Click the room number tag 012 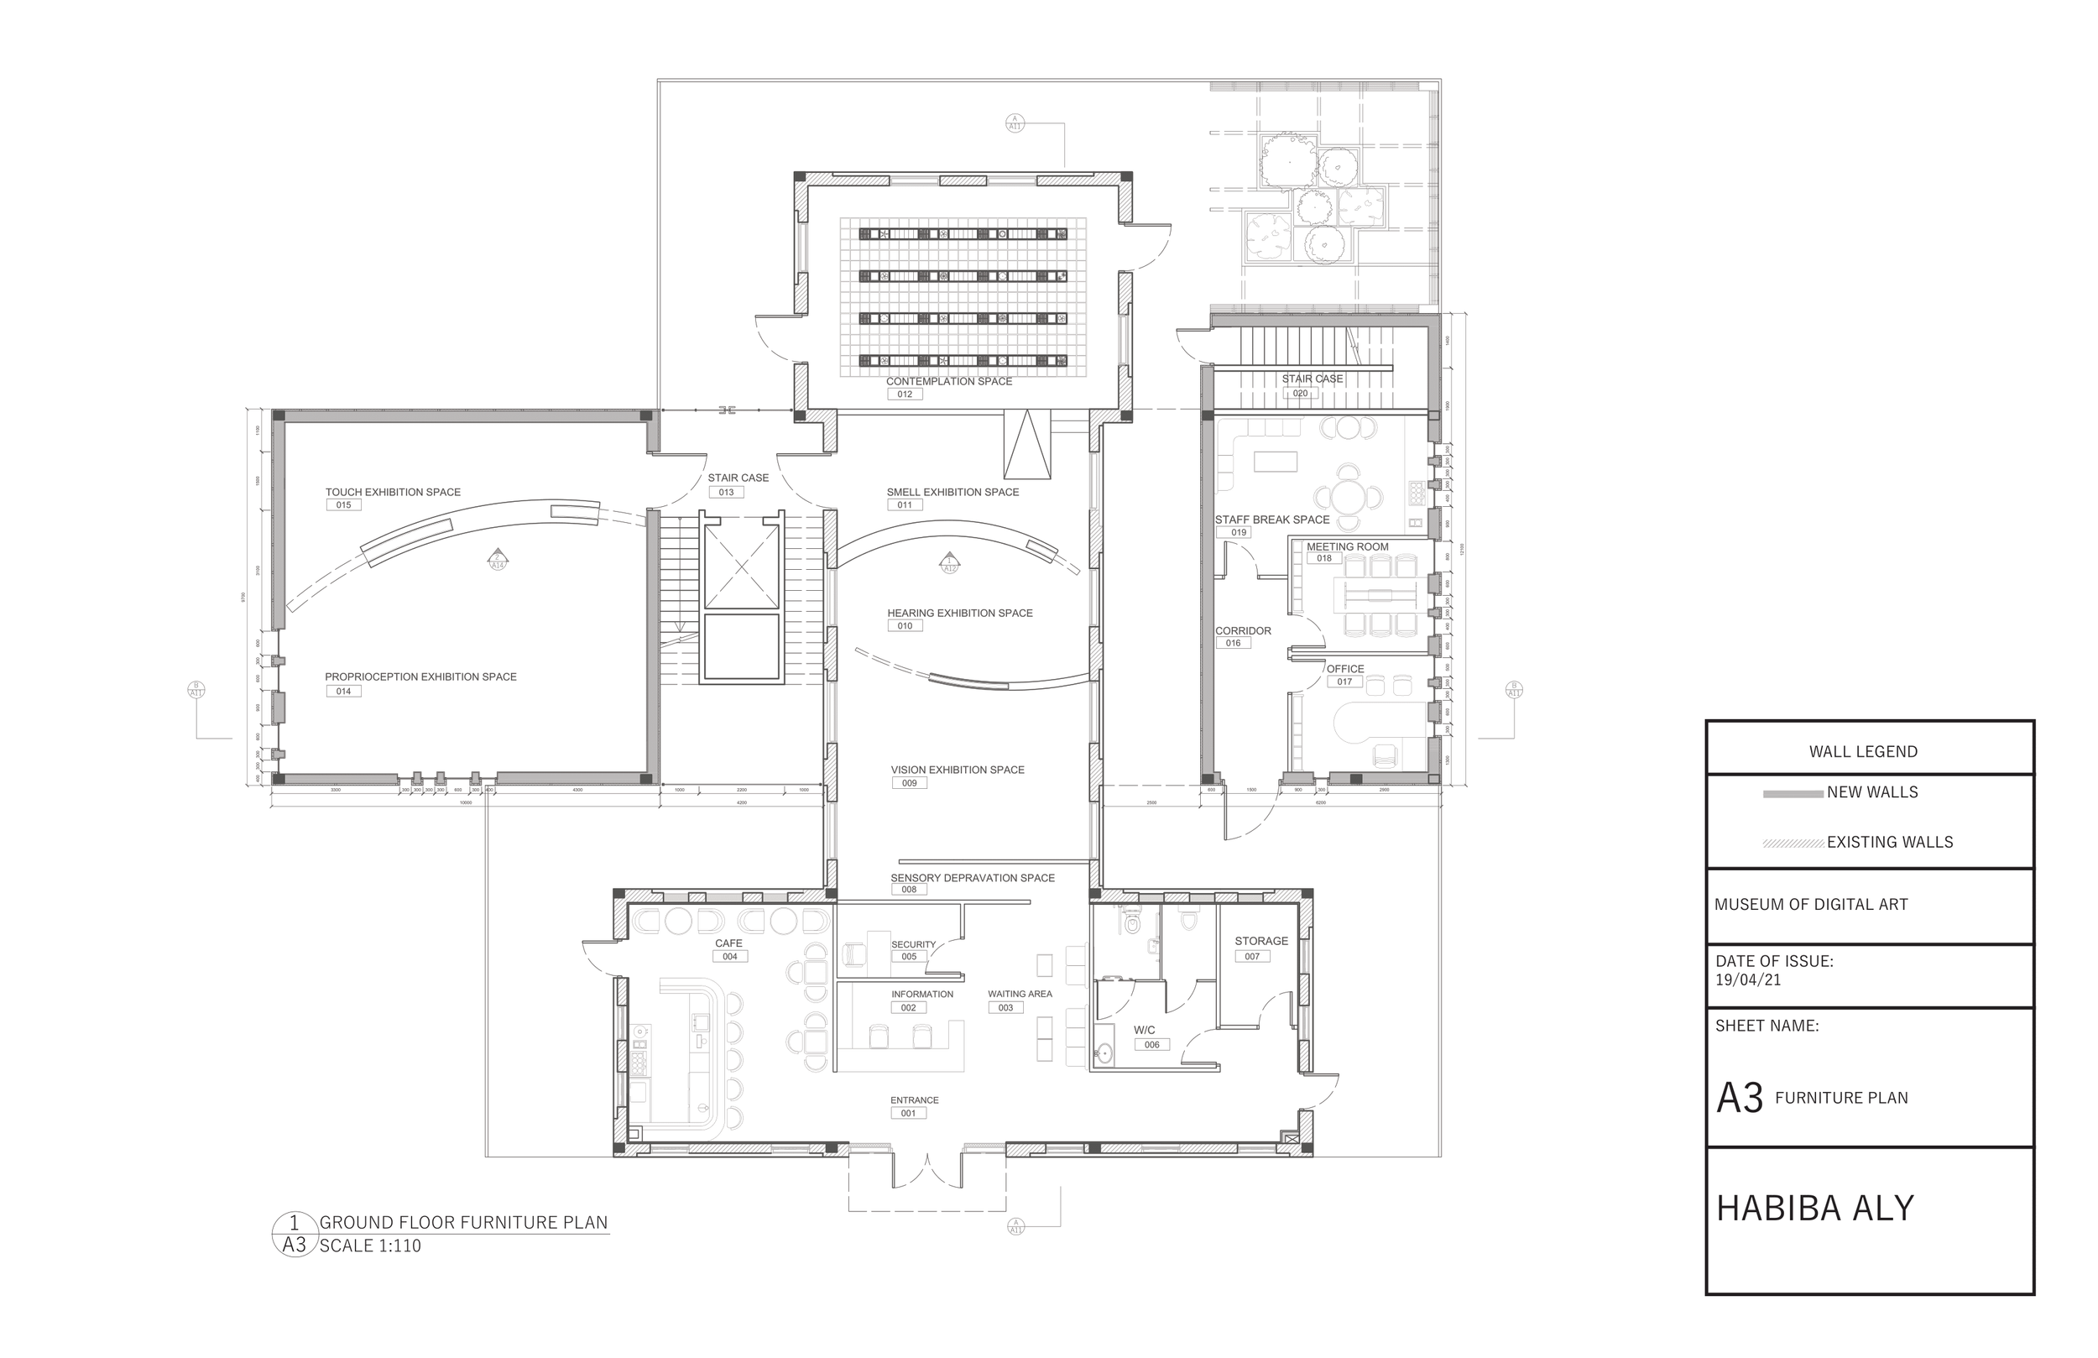click(x=905, y=394)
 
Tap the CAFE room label click(x=728, y=943)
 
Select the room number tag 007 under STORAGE click(x=1252, y=956)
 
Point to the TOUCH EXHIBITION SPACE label click(x=392, y=492)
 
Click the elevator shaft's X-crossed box click(x=741, y=567)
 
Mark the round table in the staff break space click(x=1348, y=499)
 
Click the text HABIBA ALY click(x=1814, y=1208)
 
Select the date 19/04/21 click(x=1747, y=979)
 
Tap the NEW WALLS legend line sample click(x=1793, y=794)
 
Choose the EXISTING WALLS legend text click(x=1889, y=842)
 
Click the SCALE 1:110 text click(x=369, y=1246)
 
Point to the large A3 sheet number click(x=1739, y=1098)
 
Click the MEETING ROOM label click(x=1347, y=546)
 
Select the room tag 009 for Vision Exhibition click(x=909, y=783)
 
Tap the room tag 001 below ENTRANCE click(x=908, y=1113)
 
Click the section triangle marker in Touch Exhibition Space click(x=498, y=558)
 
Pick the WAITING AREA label click(x=1019, y=994)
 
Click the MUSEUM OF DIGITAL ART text click(x=1811, y=904)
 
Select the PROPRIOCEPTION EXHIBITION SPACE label click(x=420, y=676)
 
